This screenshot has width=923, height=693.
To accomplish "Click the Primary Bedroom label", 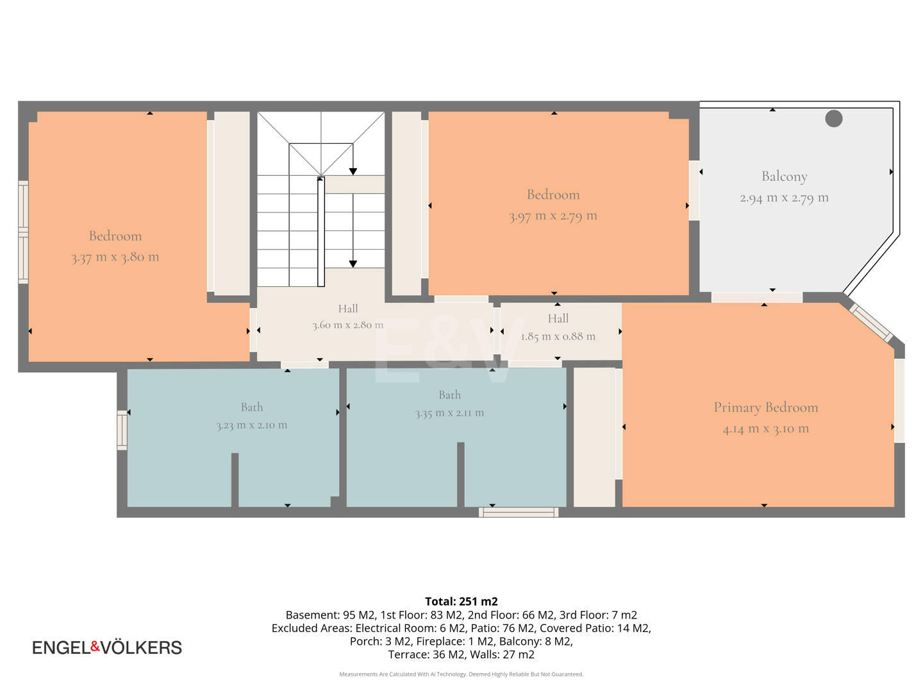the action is point(766,407).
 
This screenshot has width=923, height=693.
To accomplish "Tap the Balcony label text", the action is point(785,176).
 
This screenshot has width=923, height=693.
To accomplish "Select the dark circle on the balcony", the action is point(833,118).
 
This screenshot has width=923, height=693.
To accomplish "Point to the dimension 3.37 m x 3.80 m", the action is point(115,257).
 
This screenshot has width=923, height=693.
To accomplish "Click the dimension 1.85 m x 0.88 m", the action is point(558,337).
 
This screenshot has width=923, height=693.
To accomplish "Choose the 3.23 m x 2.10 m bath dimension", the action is point(252,425).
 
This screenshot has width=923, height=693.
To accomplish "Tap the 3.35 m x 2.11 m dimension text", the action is point(449,413).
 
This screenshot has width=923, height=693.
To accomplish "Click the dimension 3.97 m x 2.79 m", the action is point(553,216).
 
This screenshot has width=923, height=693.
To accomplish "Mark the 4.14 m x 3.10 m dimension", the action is point(766,429).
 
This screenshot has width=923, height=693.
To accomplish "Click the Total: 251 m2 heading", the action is point(462,601).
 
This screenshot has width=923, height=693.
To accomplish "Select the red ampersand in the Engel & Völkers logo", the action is point(95,646).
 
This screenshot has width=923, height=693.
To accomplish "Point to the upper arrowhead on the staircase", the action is point(353,172).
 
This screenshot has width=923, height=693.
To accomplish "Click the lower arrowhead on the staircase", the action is point(353,264).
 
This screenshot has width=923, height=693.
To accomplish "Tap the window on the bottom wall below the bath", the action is point(519,512).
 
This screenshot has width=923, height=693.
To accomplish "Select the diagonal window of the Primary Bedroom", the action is point(871,323).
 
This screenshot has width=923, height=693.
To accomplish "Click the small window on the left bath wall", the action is point(122,430).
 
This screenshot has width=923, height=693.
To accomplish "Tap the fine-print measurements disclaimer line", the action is point(462,674).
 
